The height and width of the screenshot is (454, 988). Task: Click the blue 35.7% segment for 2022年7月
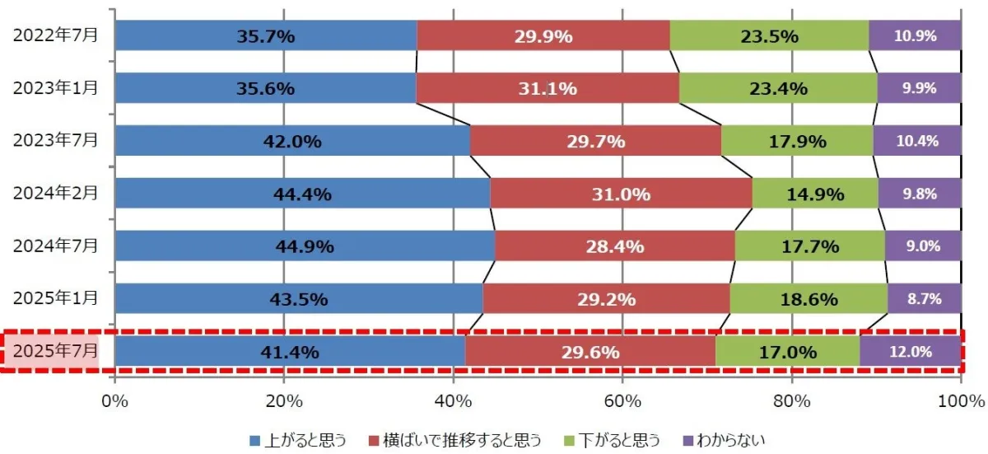click(x=266, y=35)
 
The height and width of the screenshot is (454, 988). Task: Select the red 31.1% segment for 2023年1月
click(x=548, y=88)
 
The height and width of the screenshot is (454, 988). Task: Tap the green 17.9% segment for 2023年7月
click(x=796, y=141)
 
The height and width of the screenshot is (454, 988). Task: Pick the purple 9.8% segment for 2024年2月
click(x=920, y=194)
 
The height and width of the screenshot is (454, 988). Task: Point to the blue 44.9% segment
click(x=305, y=246)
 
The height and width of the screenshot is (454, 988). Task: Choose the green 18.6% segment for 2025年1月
click(x=809, y=299)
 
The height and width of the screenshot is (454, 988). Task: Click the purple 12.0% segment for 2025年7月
click(x=910, y=352)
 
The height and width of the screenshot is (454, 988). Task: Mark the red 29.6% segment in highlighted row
click(x=590, y=352)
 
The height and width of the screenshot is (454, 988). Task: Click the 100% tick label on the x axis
click(x=960, y=401)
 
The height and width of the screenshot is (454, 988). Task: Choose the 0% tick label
click(x=114, y=401)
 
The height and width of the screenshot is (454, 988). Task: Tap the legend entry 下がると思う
click(x=619, y=439)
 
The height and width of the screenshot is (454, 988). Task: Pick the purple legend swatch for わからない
click(x=687, y=439)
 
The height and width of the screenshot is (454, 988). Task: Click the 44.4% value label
click(x=301, y=194)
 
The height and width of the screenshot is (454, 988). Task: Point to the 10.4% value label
click(x=917, y=141)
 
